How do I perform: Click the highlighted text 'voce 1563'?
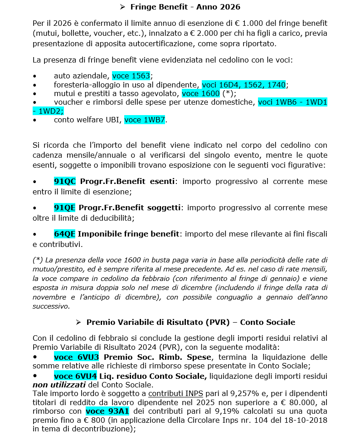[131, 76]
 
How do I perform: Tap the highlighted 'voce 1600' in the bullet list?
[201, 93]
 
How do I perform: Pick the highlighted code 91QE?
[64, 208]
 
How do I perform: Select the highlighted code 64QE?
[64, 234]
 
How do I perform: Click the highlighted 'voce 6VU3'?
[76, 357]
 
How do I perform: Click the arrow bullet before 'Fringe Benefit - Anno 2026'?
[122, 7]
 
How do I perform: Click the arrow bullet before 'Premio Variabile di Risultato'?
[78, 322]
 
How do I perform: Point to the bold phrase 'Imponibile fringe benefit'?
[128, 234]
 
